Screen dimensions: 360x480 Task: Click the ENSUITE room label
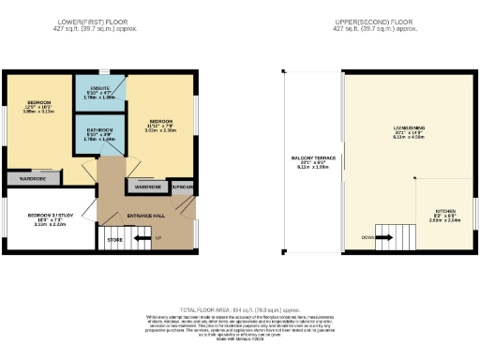coord(100,88)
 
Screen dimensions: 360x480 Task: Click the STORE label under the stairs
coord(114,239)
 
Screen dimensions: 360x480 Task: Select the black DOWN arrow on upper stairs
coord(387,238)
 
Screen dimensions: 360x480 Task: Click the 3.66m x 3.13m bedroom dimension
coord(39,111)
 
